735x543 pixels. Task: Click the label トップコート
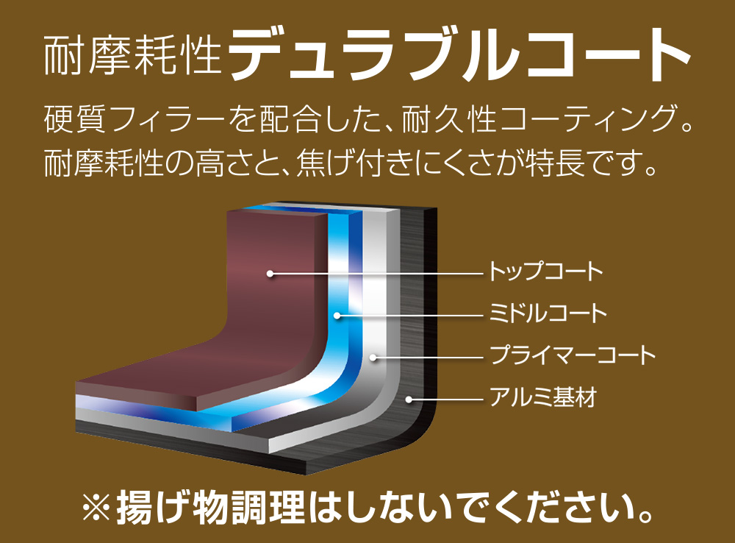(545, 271)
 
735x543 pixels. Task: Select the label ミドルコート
(548, 313)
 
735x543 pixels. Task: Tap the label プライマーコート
(572, 355)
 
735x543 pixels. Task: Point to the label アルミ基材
(542, 397)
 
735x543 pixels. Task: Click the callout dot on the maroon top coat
(270, 273)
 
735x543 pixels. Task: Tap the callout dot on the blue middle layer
(337, 315)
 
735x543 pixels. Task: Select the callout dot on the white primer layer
(373, 357)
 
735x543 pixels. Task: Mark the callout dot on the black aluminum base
(409, 400)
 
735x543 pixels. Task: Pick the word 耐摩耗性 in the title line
(132, 55)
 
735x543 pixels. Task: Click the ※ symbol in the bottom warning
(96, 508)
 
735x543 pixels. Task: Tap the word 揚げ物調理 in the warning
(210, 508)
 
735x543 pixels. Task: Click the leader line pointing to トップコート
(377, 273)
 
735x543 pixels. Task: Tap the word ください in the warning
(569, 508)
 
